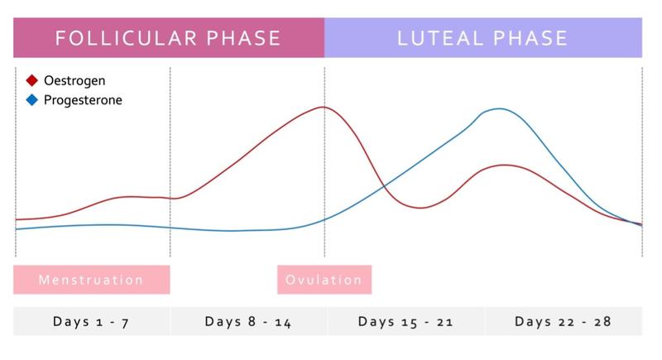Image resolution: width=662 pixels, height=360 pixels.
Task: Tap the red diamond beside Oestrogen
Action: [x=31, y=81]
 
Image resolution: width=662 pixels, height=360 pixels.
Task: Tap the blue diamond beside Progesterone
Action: [x=31, y=100]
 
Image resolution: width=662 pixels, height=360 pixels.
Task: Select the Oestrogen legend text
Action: [x=74, y=81]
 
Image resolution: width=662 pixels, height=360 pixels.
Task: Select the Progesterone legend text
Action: [x=83, y=100]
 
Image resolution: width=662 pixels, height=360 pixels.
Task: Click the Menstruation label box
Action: [x=91, y=280]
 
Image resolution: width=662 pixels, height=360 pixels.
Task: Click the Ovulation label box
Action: [x=324, y=280]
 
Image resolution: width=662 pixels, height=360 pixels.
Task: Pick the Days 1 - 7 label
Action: [x=91, y=322]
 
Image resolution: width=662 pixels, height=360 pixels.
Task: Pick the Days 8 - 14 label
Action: [x=248, y=322]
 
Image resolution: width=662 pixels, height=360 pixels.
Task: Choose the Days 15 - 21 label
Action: [x=405, y=322]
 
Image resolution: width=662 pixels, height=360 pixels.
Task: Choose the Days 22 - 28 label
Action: [x=563, y=322]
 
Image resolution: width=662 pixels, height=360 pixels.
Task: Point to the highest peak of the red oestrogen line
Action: [x=323, y=107]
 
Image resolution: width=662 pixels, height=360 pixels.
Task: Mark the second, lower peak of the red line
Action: [x=505, y=165]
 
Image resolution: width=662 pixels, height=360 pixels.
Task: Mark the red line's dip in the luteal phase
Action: [x=420, y=208]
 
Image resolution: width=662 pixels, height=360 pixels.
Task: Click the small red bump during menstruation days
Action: [x=132, y=196]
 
